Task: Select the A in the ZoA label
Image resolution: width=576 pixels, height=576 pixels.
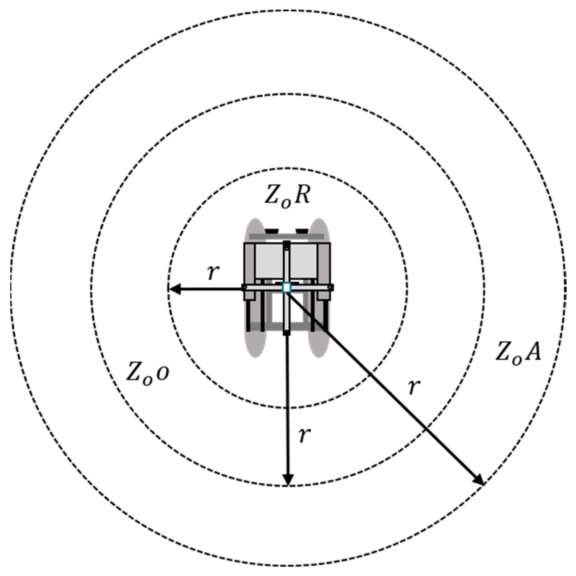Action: tap(532, 352)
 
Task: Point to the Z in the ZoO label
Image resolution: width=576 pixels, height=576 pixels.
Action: tap(135, 372)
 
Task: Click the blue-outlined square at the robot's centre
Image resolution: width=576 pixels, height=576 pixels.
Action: tap(287, 288)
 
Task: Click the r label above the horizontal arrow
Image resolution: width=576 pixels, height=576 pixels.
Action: tap(213, 272)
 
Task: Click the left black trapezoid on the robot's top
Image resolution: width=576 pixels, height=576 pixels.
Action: tap(271, 231)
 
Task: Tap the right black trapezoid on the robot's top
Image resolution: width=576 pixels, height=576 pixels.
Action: tap(302, 231)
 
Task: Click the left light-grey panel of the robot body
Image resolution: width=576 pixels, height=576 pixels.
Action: tap(269, 260)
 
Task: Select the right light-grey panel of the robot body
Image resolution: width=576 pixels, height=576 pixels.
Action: tap(304, 260)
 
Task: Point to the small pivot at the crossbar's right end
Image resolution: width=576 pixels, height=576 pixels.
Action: tap(329, 288)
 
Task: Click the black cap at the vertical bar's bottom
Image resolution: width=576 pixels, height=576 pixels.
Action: tap(287, 332)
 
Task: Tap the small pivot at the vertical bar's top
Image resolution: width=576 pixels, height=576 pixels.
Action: tap(287, 248)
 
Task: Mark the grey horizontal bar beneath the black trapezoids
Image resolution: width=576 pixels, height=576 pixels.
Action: tap(287, 237)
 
